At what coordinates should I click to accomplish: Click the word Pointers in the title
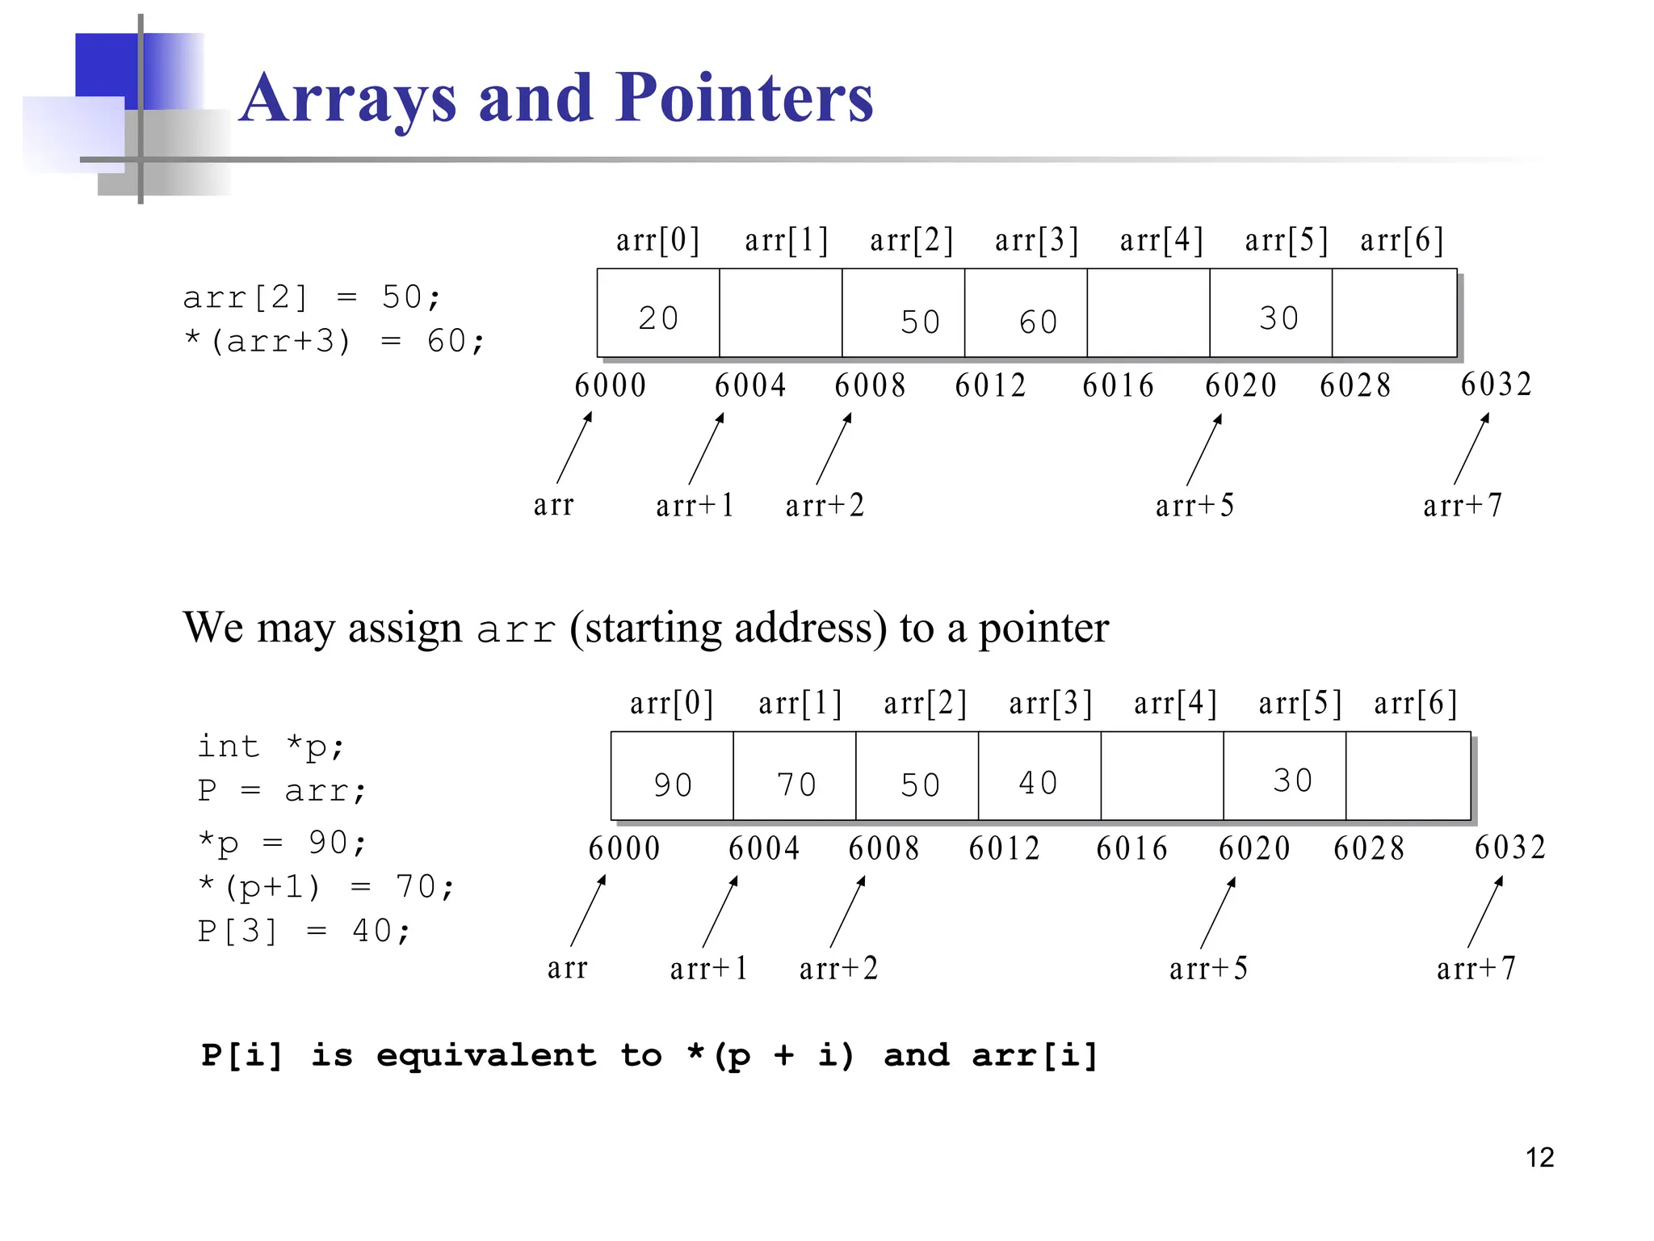744,99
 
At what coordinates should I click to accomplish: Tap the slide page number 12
1539,1157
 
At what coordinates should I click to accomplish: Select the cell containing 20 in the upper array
658,313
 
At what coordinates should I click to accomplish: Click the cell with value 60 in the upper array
1026,313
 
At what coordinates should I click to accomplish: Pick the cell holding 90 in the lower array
672,776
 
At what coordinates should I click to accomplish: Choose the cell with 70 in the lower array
795,776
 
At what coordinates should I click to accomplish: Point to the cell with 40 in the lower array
1039,776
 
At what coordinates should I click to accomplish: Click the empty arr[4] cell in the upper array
1148,313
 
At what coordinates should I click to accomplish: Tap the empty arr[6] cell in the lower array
1408,776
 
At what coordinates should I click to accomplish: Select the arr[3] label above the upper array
1036,240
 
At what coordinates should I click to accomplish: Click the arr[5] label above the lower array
1300,703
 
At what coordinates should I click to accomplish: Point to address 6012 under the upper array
990,385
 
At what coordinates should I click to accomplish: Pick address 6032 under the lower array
1509,848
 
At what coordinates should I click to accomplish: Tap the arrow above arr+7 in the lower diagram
1485,911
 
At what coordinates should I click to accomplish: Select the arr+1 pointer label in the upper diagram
695,506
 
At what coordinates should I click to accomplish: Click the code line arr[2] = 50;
312,297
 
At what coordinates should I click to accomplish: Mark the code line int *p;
271,747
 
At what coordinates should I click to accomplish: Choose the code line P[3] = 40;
304,931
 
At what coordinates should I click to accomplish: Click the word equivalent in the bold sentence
486,1055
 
